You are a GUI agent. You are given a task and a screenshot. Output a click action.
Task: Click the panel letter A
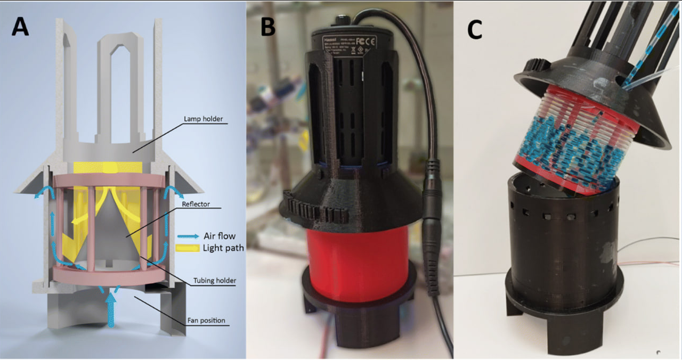pos(20,26)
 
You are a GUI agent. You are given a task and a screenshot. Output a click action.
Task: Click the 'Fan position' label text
pos(206,321)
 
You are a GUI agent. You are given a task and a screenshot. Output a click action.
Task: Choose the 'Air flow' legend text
pos(219,236)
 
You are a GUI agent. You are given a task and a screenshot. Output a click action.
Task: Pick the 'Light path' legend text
pos(223,248)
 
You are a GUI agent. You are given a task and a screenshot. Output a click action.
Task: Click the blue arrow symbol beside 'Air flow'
pos(188,236)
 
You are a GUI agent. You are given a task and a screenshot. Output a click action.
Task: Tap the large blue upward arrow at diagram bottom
pos(111,309)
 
